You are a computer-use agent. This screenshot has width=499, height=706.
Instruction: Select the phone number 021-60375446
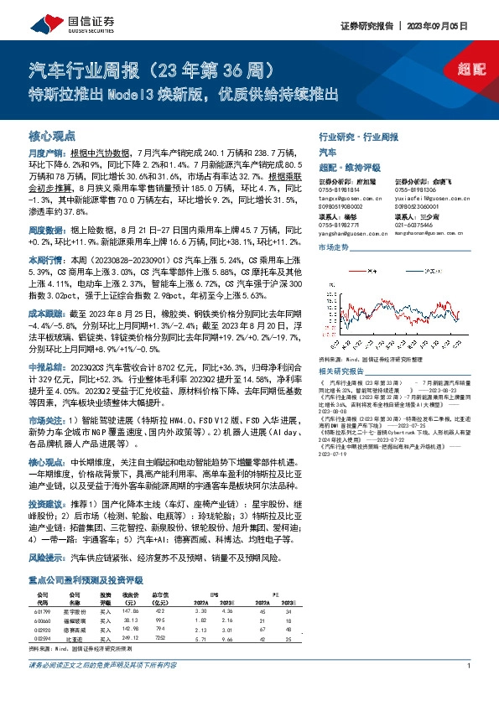point(414,225)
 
